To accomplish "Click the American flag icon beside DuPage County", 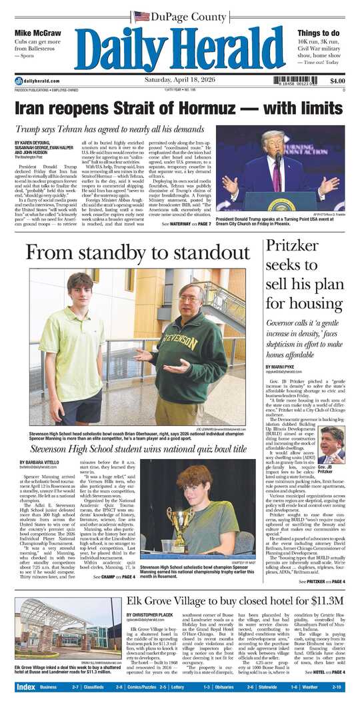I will (141, 15).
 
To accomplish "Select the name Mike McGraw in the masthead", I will (37, 33).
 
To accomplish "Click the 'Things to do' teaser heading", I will (320, 33).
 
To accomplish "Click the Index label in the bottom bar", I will (26, 686).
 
